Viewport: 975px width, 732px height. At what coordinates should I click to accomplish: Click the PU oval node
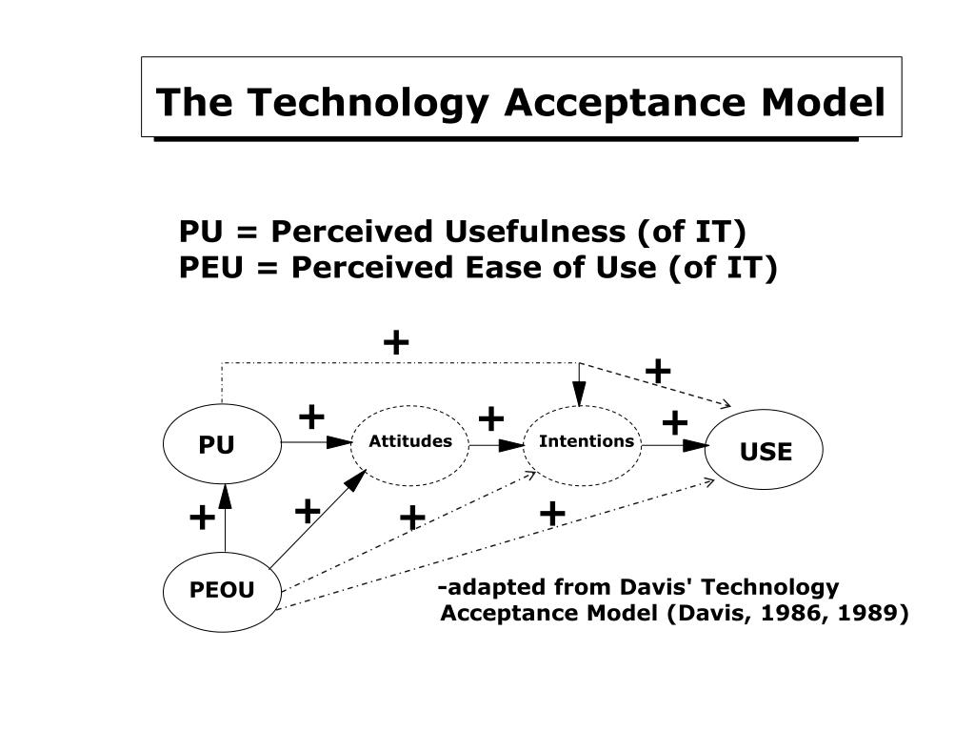click(x=222, y=445)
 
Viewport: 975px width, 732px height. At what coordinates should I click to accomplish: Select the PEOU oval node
click(x=222, y=590)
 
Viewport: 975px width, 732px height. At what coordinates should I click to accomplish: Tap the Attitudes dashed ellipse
click(x=410, y=442)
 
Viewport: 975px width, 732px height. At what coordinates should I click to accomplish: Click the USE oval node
click(x=765, y=451)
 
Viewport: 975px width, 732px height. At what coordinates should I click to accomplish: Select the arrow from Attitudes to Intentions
click(x=497, y=444)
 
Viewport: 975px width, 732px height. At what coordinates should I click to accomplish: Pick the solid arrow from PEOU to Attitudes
click(x=318, y=518)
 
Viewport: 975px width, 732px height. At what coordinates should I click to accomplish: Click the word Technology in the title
click(x=370, y=102)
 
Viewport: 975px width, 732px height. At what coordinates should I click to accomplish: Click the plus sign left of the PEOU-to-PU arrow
click(x=201, y=518)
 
